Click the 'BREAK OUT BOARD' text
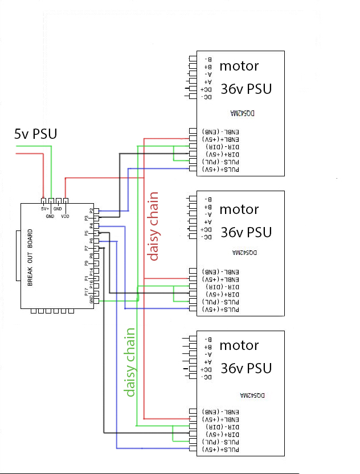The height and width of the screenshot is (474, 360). pyautogui.click(x=30, y=258)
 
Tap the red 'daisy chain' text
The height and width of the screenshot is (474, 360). pyautogui.click(x=153, y=226)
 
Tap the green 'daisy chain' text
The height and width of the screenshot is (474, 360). pyautogui.click(x=130, y=362)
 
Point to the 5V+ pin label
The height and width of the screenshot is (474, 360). pyautogui.click(x=45, y=209)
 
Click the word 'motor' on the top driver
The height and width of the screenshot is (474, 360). pyautogui.click(x=239, y=66)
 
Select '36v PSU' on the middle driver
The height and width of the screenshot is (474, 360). pyautogui.click(x=246, y=232)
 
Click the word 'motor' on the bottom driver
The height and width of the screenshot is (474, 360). pyautogui.click(x=239, y=345)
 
